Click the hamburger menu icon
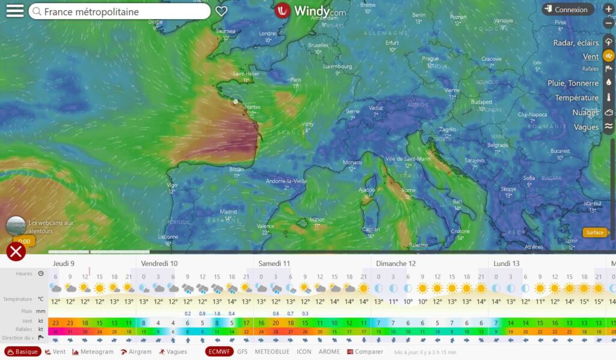[x=14, y=11]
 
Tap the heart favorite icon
[x=221, y=11]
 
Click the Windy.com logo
[x=310, y=11]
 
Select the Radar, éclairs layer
[x=576, y=43]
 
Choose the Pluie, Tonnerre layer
[x=573, y=83]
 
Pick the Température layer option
[x=576, y=98]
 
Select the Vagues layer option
[x=586, y=127]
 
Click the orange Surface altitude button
[x=595, y=233]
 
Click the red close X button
[x=16, y=251]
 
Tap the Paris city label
[x=295, y=79]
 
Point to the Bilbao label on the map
[x=236, y=170]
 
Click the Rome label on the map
[x=408, y=190]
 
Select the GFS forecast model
[x=242, y=352]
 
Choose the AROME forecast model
[x=329, y=352]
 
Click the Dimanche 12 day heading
[x=395, y=264]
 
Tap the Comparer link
[x=366, y=352]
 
